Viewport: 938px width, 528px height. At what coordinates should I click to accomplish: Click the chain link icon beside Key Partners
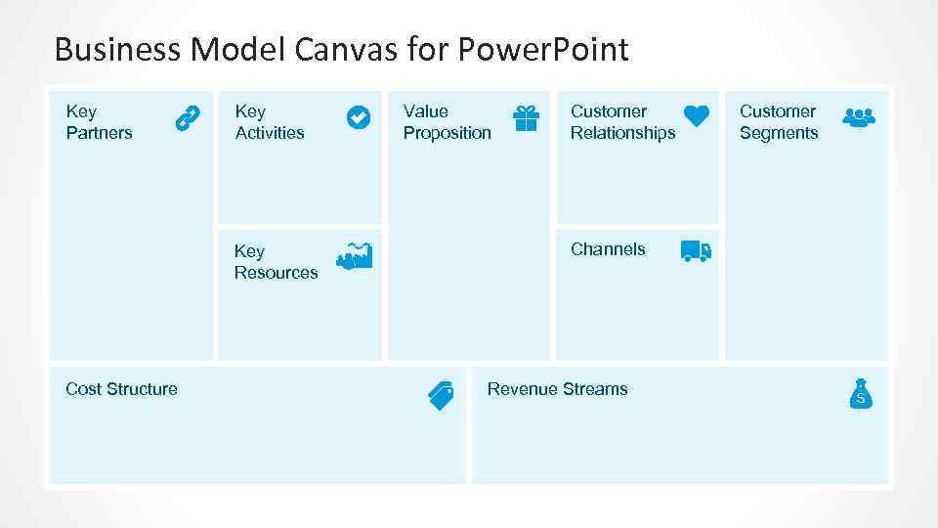click(187, 119)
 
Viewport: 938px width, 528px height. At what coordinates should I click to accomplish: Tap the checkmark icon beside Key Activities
click(359, 117)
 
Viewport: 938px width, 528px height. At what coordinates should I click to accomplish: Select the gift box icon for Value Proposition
click(526, 118)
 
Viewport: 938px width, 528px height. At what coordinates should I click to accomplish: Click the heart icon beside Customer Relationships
click(696, 116)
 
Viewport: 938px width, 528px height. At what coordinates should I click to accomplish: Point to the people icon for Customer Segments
click(858, 117)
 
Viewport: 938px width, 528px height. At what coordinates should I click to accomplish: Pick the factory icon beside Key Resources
click(354, 256)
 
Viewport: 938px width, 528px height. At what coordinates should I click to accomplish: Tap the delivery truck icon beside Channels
click(696, 251)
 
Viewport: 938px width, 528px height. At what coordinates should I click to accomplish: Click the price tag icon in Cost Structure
click(441, 394)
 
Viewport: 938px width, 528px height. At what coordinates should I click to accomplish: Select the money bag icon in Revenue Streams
click(860, 393)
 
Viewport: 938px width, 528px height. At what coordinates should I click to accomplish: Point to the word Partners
click(99, 133)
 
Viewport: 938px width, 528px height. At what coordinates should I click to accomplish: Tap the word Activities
click(270, 133)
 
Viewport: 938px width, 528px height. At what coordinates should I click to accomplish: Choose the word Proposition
click(448, 133)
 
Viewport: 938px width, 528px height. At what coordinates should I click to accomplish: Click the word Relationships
click(622, 133)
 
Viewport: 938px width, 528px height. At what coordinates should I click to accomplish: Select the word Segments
click(779, 133)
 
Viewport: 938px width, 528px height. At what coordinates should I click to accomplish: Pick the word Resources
click(276, 273)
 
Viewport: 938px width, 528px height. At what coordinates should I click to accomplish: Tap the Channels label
click(608, 249)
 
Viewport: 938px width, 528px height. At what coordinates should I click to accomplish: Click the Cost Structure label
click(121, 389)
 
